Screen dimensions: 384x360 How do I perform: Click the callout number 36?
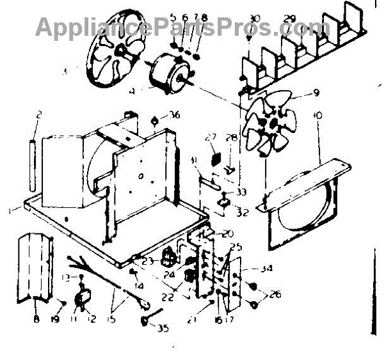[x=173, y=115]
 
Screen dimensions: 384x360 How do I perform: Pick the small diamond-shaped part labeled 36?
[x=156, y=120]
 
